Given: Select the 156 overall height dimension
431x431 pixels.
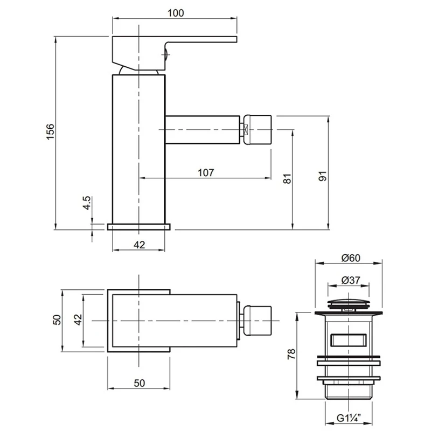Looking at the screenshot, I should point(50,133).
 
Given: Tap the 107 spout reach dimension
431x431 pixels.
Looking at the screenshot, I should point(206,172).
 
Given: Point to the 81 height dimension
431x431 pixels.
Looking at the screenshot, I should point(287,179).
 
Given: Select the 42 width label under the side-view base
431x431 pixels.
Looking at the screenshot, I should point(139,245).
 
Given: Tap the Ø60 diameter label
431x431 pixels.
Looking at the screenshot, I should point(350,258).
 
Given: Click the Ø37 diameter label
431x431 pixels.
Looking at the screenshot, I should point(351,281).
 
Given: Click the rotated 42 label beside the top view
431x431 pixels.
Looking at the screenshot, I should point(78,321).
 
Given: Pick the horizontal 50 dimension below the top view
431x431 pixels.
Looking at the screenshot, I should point(139,383).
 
